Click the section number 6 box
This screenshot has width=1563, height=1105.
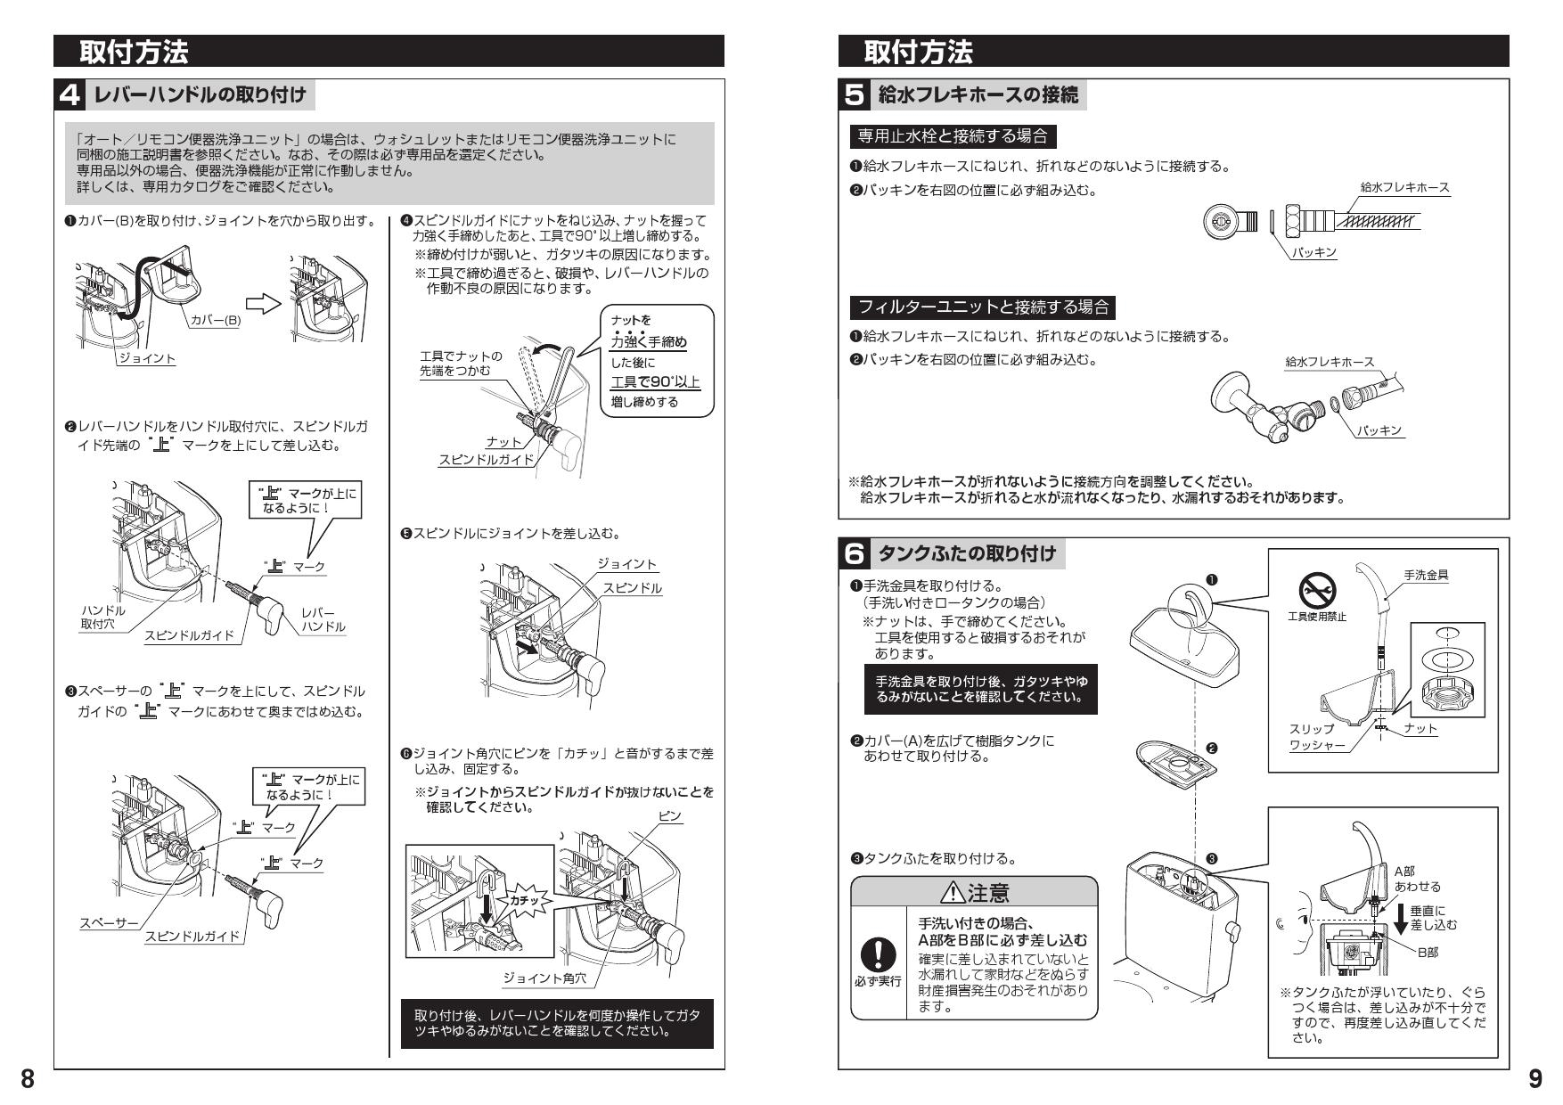[x=854, y=553]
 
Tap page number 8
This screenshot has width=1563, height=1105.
[x=28, y=1079]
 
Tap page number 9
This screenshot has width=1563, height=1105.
[x=1534, y=1079]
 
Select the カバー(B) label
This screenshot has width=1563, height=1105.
[x=216, y=321]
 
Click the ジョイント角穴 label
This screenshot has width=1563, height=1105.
[x=544, y=978]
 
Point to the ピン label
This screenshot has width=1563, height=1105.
[x=669, y=816]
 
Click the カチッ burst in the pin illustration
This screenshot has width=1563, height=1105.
[x=520, y=902]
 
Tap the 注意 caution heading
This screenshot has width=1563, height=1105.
[x=974, y=892]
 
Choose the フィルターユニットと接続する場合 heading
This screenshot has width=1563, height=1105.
[x=983, y=307]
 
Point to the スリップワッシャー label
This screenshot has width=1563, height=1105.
[x=1316, y=736]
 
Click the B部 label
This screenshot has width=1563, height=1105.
[x=1428, y=952]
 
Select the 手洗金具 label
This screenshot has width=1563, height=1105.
[x=1426, y=576]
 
